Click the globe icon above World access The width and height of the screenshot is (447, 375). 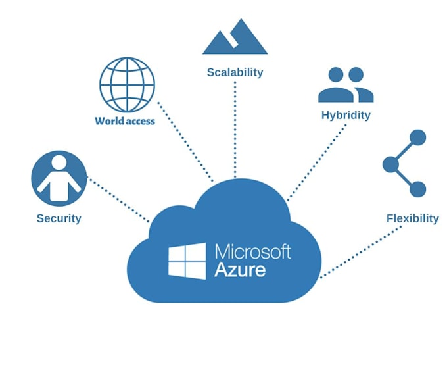pos(128,85)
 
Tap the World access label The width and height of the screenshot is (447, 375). pos(125,121)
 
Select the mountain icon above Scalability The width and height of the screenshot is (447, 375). pos(235,37)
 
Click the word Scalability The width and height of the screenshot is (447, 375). pos(235,72)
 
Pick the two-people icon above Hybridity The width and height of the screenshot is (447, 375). pos(346,85)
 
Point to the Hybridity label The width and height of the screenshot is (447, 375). pos(346,115)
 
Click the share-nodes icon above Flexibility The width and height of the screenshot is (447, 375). pos(405,164)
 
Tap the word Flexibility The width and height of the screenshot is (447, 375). pos(412,218)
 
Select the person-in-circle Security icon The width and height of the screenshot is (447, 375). pos(59,178)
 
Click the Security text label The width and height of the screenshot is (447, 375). pos(59,218)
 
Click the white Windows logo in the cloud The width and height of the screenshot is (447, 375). pos(187,261)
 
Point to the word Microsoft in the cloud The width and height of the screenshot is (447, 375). pos(253,252)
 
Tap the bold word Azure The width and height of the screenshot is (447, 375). pos(240,270)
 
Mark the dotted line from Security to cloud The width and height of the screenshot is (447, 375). pos(119,199)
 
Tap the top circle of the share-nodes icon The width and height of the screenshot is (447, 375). pos(417,137)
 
